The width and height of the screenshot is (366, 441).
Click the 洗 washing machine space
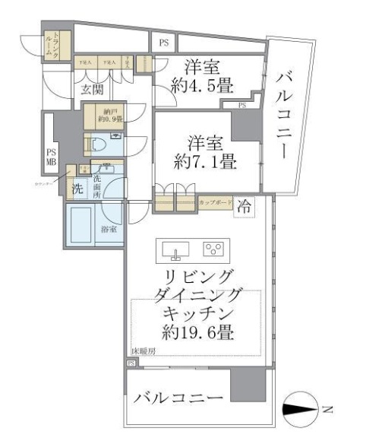pyautogui.click(x=77, y=188)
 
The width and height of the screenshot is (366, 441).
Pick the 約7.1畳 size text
pyautogui.click(x=206, y=161)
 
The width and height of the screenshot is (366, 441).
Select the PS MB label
pyautogui.click(x=52, y=156)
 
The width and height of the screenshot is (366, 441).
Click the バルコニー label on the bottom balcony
pyautogui.click(x=179, y=398)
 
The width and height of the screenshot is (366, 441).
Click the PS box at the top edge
pyautogui.click(x=163, y=43)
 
